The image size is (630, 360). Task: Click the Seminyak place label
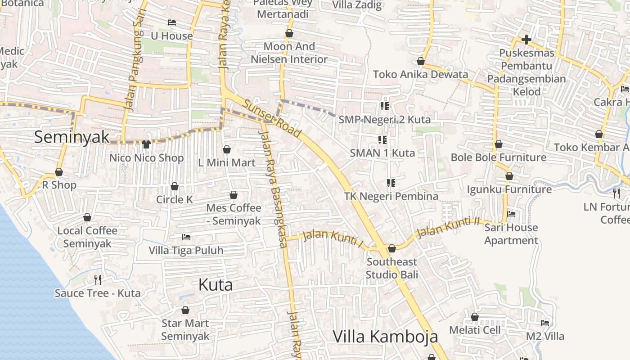72,137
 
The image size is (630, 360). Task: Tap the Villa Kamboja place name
385,336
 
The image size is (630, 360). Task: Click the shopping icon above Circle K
175,186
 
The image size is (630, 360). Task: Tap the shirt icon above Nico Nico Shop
146,144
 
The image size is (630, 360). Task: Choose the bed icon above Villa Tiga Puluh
186,237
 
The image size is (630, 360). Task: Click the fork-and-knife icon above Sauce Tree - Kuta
98,280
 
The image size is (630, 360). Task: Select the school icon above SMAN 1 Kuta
382,139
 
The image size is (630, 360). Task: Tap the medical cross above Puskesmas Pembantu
526,40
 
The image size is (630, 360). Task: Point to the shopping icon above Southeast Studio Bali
392,248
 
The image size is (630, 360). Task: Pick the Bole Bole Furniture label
499,157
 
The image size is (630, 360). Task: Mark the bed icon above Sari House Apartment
511,214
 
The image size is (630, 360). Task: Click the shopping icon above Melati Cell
475,317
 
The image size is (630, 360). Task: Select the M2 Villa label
545,336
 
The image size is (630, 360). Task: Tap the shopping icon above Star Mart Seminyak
185,310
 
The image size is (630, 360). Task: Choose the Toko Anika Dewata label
420,74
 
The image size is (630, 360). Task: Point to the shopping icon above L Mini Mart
227,149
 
